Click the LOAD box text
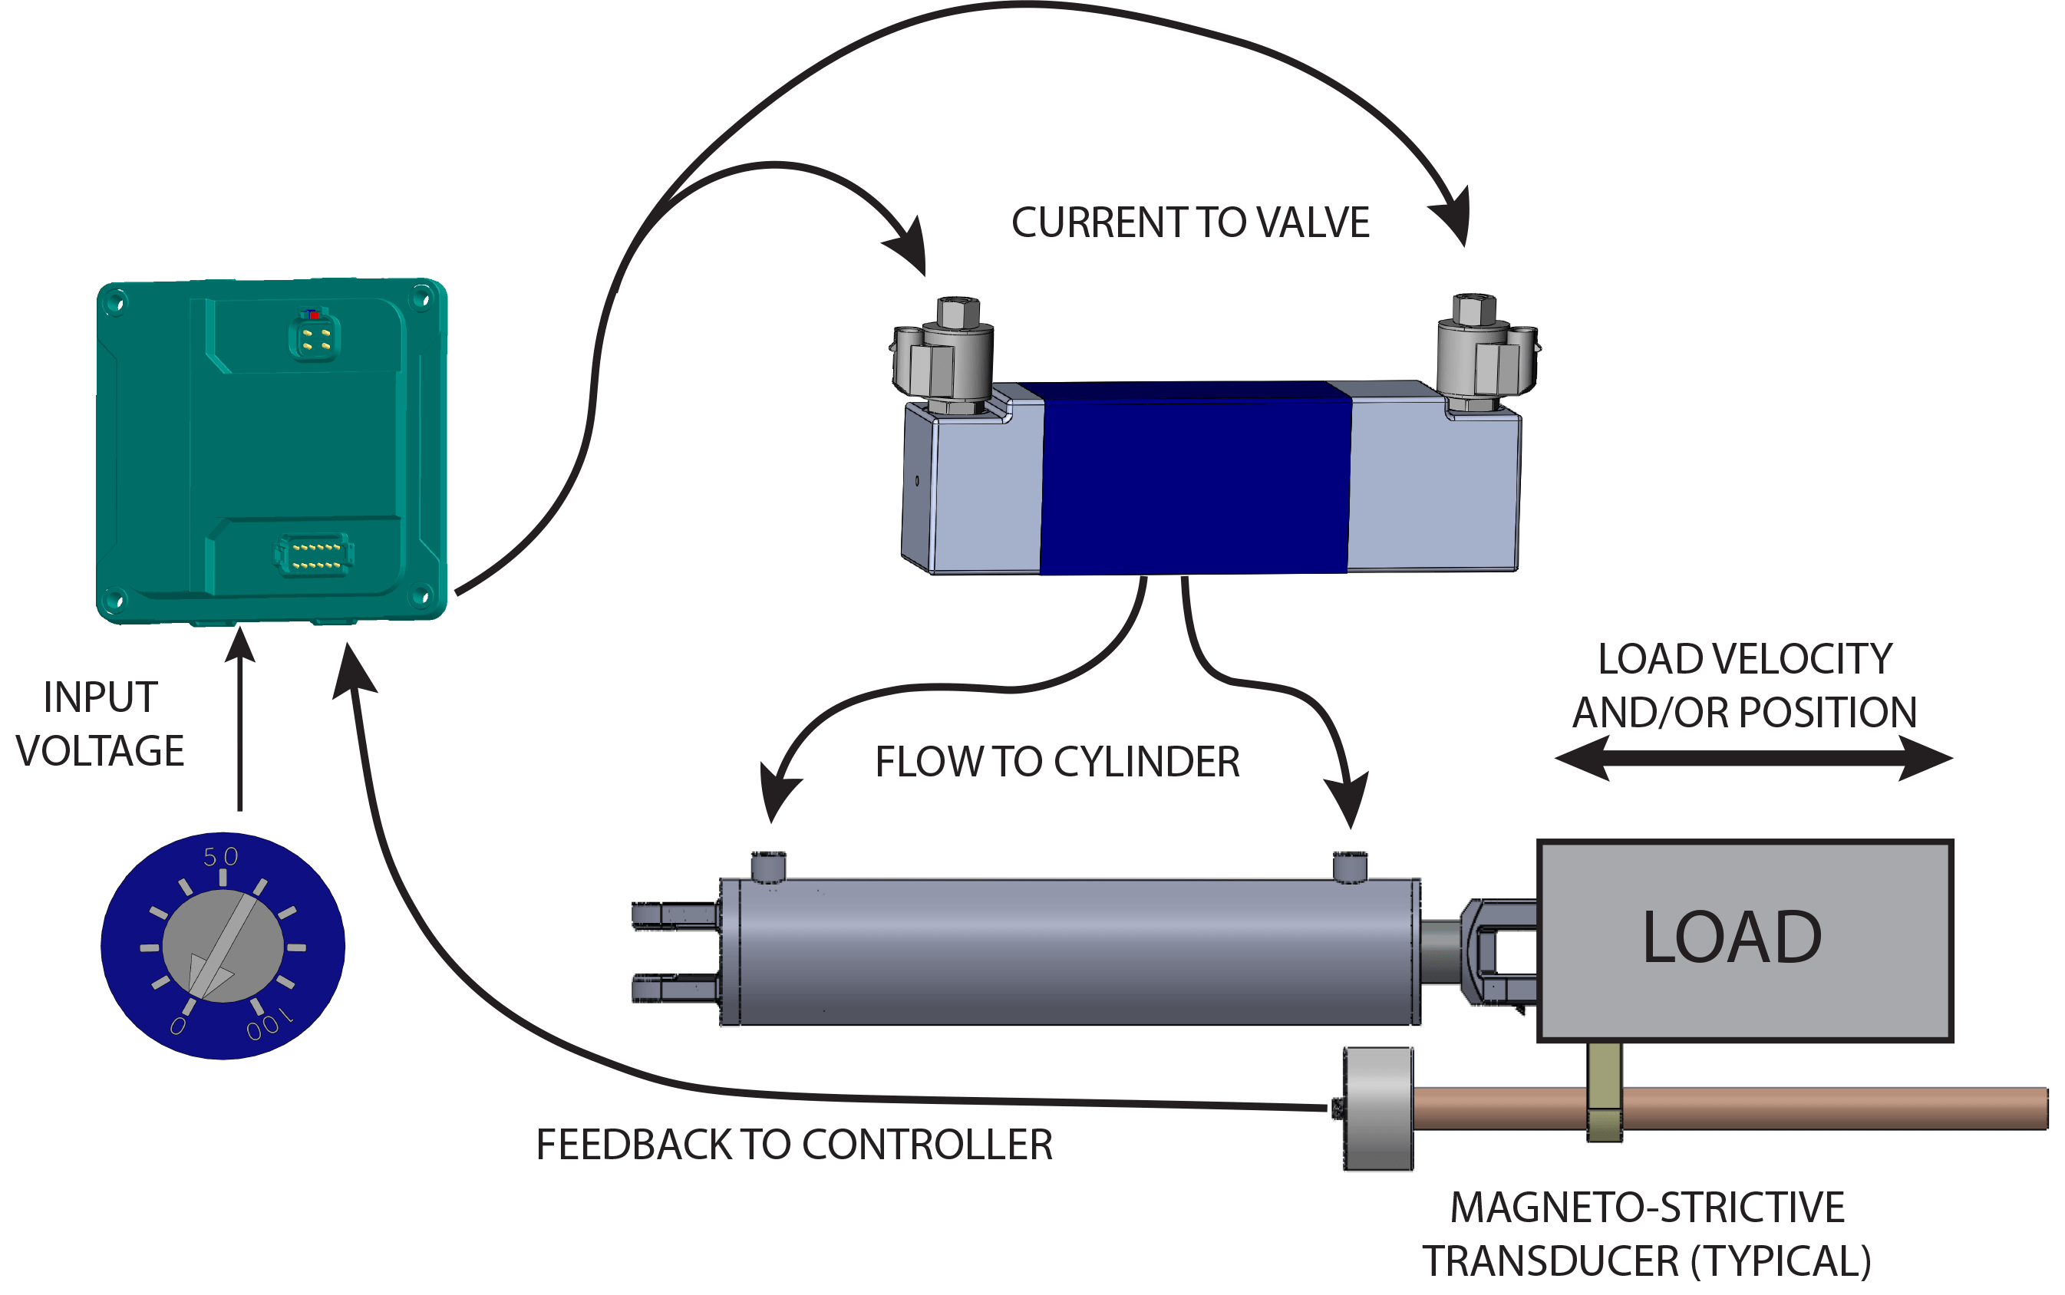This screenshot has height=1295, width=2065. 1732,937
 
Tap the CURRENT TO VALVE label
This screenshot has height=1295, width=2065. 1190,222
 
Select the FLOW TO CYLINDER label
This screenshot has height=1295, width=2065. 1057,763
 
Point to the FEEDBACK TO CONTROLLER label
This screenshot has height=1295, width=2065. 794,1145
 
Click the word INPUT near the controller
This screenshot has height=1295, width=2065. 101,697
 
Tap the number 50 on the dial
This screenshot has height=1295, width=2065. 220,856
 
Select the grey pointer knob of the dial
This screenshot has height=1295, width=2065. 223,947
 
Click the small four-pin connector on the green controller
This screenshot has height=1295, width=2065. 315,337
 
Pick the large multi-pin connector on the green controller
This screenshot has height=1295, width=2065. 315,554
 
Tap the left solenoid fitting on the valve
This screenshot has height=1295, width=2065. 942,355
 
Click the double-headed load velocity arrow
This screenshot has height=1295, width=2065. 1753,759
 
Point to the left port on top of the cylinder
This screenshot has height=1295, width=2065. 768,866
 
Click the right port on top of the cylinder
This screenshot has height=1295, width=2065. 1350,866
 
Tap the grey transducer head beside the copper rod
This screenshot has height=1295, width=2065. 1378,1109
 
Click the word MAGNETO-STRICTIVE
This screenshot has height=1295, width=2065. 1647,1208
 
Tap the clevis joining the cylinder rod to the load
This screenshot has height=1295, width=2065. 1495,951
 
